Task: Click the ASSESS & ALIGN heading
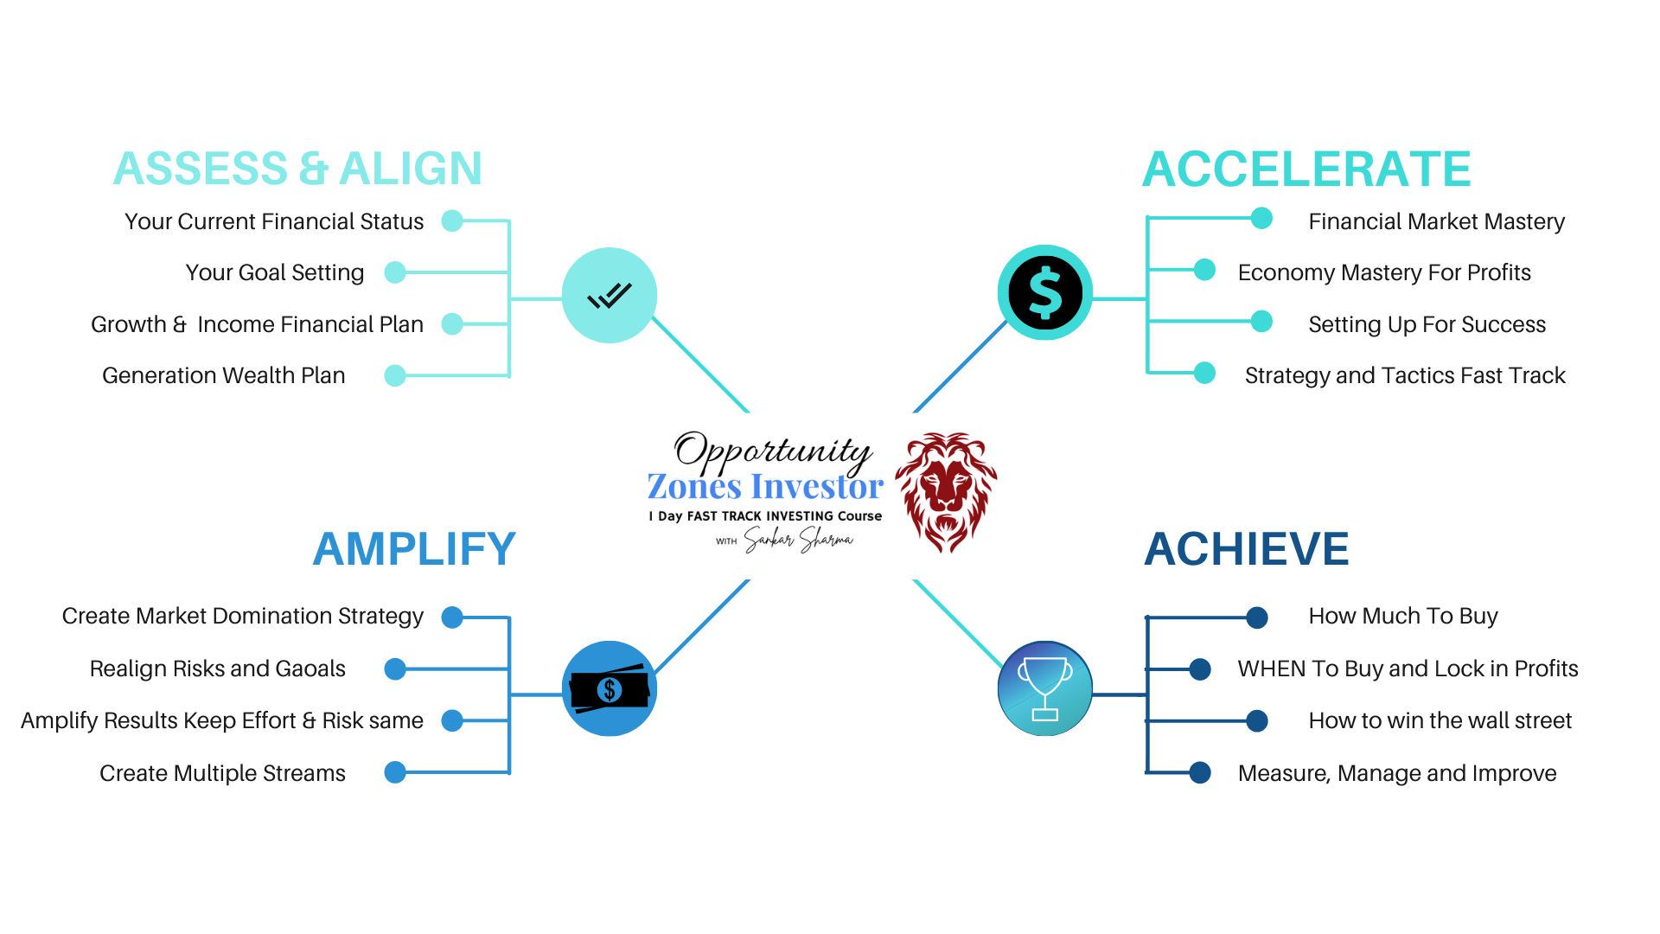point(297,169)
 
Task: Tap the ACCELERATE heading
point(1306,170)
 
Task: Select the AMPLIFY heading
point(414,549)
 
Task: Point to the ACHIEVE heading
point(1246,549)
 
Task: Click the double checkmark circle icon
point(610,296)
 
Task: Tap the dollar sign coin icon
point(1044,293)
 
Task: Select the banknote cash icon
point(610,689)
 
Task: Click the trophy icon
point(1044,688)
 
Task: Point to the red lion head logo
point(946,490)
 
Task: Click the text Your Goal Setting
point(275,272)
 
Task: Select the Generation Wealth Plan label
point(223,375)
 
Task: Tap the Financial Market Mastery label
point(1436,221)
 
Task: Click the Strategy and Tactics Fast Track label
point(1405,375)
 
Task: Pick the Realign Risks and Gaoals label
point(217,669)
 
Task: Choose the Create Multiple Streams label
point(222,773)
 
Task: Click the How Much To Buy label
point(1402,616)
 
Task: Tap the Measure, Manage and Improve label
point(1396,773)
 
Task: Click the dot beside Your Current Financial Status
point(452,221)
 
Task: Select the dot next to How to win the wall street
point(1257,720)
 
